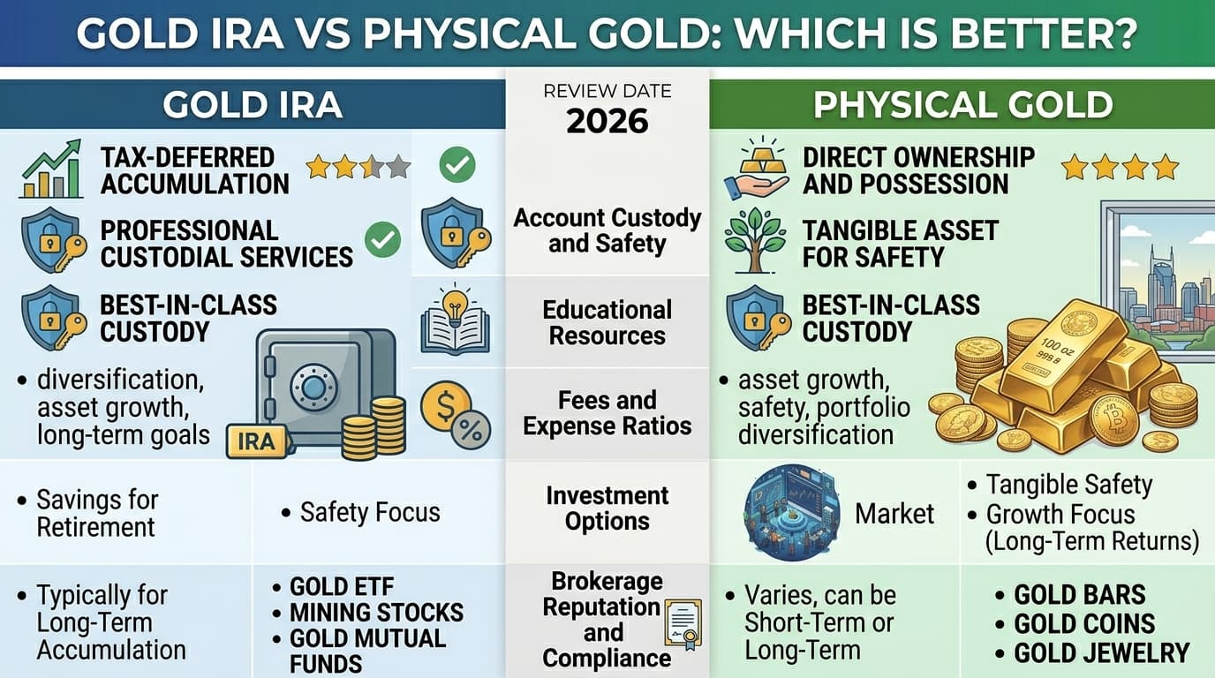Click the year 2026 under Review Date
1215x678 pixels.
point(607,122)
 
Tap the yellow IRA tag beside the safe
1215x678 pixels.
point(256,441)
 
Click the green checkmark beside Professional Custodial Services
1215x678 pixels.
point(382,239)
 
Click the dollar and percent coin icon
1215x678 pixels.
point(455,415)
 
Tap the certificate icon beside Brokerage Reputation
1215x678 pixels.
point(683,625)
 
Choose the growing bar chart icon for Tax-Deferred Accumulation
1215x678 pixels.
point(50,169)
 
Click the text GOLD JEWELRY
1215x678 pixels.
point(1101,653)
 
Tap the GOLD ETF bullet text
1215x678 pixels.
point(342,587)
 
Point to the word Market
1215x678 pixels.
point(894,513)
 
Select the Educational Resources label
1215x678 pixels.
point(607,323)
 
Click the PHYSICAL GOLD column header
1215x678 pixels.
point(962,105)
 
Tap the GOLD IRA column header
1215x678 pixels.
point(253,105)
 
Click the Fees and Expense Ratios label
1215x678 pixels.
point(607,413)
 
